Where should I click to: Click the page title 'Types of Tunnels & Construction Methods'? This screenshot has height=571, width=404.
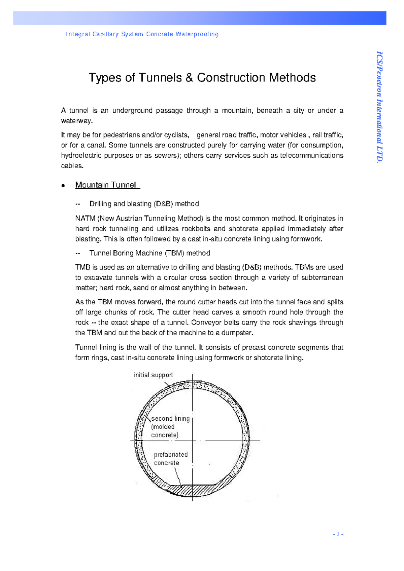[202, 78]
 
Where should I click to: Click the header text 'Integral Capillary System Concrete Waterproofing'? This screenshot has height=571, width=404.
[142, 34]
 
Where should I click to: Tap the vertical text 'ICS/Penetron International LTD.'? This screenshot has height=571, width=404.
[379, 107]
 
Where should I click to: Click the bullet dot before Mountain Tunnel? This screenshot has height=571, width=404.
[63, 185]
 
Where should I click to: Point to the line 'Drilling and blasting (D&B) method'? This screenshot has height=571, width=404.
[144, 204]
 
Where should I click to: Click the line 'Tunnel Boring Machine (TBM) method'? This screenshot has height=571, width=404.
[149, 253]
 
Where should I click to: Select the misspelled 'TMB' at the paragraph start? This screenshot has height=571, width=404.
[82, 267]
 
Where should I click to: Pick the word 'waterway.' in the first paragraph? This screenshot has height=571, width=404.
[76, 121]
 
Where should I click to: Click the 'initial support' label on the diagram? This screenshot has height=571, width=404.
[153, 375]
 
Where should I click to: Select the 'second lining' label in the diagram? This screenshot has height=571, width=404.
[170, 419]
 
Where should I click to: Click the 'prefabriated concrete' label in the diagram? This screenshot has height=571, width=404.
[171, 459]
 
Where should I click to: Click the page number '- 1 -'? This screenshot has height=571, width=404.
[338, 534]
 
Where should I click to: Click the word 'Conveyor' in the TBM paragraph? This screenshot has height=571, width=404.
[205, 322]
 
